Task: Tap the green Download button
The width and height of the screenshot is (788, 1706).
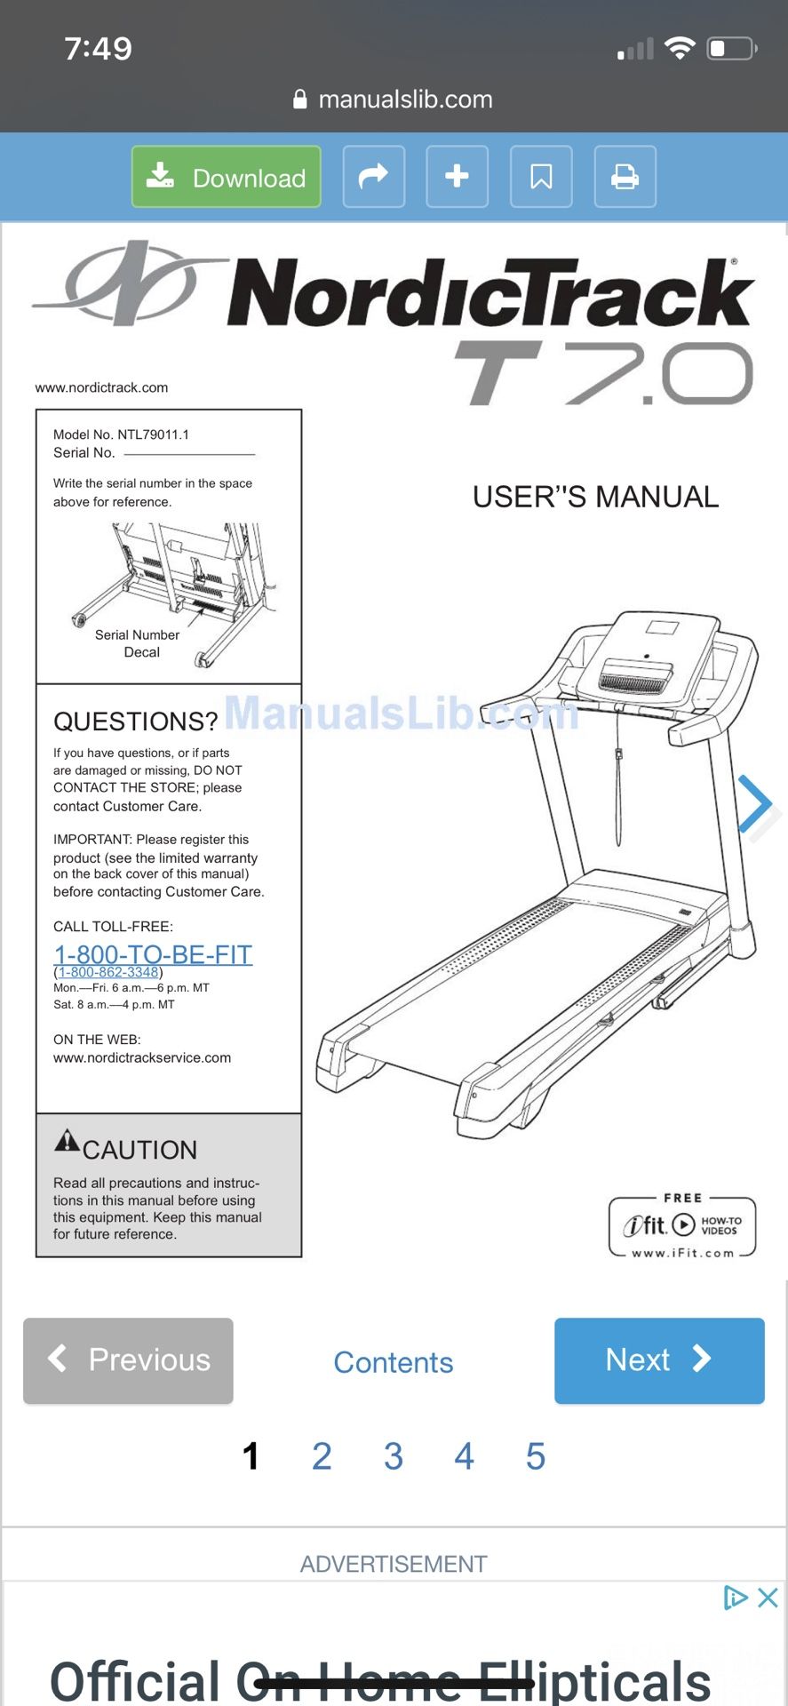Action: click(x=226, y=177)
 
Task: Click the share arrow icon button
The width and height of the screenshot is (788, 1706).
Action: click(x=373, y=177)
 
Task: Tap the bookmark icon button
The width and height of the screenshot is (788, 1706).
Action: click(x=540, y=177)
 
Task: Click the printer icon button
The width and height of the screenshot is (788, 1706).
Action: click(x=625, y=177)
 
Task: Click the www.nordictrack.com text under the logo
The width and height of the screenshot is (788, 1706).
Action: click(x=101, y=387)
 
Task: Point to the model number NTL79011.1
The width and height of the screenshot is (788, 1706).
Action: click(x=153, y=434)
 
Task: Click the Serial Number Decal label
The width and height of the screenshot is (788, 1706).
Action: click(x=138, y=643)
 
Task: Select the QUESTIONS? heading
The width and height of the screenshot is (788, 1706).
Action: click(x=135, y=721)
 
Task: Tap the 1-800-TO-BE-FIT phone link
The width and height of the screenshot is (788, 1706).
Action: click(x=153, y=954)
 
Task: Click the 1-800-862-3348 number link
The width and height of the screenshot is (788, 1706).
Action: click(x=108, y=972)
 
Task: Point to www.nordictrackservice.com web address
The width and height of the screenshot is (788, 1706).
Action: click(x=142, y=1057)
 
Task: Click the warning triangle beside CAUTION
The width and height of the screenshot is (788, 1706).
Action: click(x=67, y=1141)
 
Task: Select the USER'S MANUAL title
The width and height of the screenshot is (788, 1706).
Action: click(x=595, y=497)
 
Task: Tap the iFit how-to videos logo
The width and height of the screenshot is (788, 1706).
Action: click(x=682, y=1227)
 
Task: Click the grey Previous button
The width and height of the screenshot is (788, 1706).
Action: click(x=128, y=1360)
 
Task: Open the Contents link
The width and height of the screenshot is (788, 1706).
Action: click(x=393, y=1362)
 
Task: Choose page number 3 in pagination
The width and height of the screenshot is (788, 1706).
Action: click(x=393, y=1456)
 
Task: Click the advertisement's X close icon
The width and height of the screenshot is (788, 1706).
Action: click(x=768, y=1598)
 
